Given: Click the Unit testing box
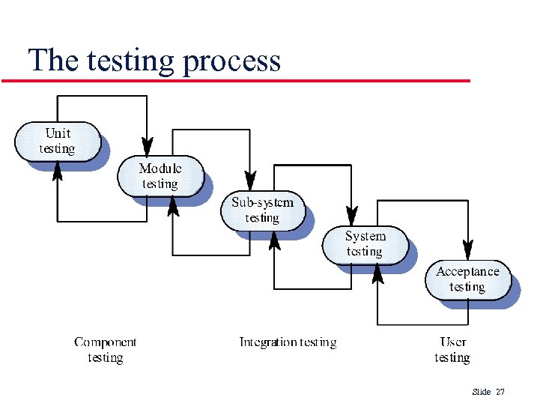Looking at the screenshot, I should point(58,141).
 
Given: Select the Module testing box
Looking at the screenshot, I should point(160,176).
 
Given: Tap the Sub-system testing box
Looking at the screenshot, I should point(262,210).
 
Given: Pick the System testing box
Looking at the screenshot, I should point(365,244).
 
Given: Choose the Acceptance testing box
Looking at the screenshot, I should point(467,279).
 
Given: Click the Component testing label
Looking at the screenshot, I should point(106,350).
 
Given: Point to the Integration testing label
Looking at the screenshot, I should point(288,342).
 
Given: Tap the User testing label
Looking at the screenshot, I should point(452,350).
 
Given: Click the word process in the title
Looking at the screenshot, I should point(231,61).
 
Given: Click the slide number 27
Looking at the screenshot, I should point(501,392).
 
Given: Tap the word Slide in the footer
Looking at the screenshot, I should point(482,392).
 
